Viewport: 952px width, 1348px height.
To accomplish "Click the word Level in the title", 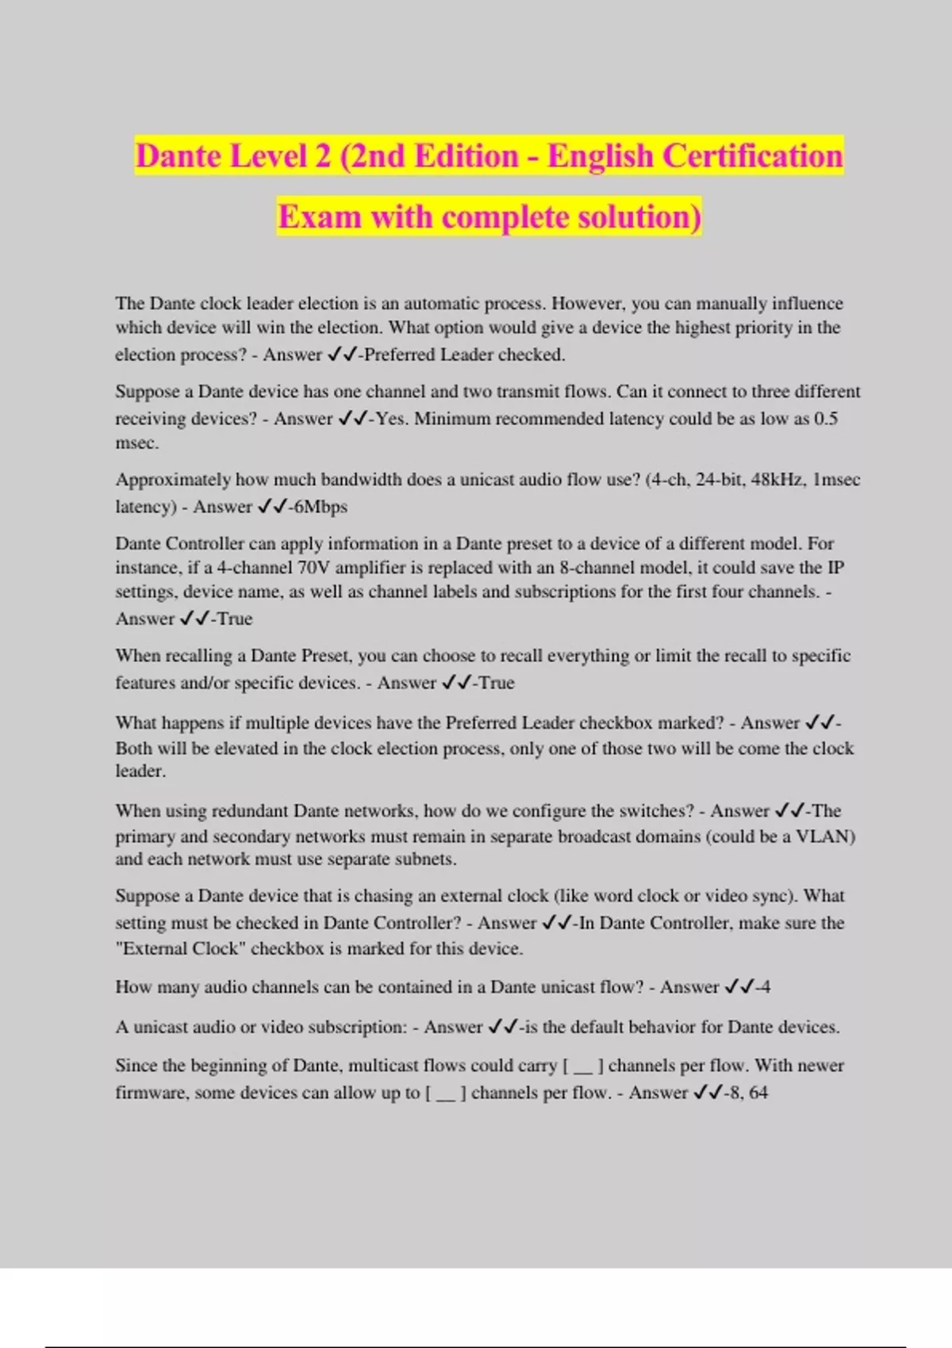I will click(268, 156).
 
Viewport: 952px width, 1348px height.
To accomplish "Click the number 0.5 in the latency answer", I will click(826, 419).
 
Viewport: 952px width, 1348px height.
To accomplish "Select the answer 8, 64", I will click(749, 1093).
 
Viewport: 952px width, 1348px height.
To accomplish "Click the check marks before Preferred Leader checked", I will click(342, 354).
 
